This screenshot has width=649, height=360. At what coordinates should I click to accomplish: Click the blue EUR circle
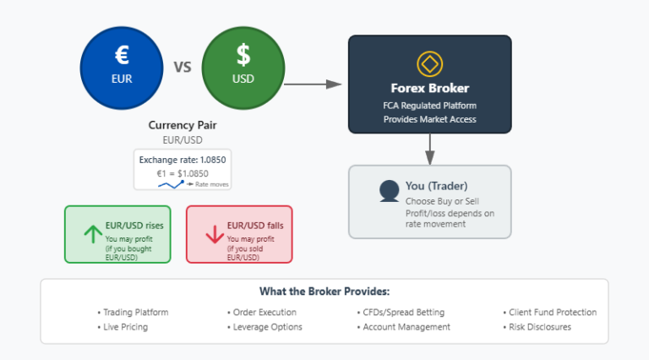click(122, 67)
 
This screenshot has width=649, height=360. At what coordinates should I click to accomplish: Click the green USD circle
click(243, 67)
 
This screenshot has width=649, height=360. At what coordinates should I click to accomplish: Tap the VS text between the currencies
click(183, 67)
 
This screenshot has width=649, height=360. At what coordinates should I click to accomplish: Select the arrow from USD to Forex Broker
click(313, 84)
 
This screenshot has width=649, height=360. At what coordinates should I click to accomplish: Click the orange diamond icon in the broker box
click(429, 63)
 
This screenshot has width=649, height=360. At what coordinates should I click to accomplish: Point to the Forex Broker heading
click(429, 88)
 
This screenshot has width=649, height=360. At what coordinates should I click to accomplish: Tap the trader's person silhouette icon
click(389, 191)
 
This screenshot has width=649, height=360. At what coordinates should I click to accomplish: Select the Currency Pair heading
click(183, 125)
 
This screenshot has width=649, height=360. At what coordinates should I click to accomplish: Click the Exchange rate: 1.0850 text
click(183, 159)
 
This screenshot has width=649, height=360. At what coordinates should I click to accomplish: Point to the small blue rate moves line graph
click(172, 183)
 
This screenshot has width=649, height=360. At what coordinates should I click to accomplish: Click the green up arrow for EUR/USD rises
click(90, 234)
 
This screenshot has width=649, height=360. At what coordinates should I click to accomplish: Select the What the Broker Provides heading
click(324, 292)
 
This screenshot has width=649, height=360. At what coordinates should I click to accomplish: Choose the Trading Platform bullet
click(135, 312)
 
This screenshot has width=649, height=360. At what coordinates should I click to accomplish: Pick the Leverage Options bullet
click(267, 327)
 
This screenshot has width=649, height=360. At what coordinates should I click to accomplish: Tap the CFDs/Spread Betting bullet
click(401, 312)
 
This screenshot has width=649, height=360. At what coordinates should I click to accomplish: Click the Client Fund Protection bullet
click(552, 312)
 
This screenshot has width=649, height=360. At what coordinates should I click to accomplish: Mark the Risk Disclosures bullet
click(539, 327)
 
